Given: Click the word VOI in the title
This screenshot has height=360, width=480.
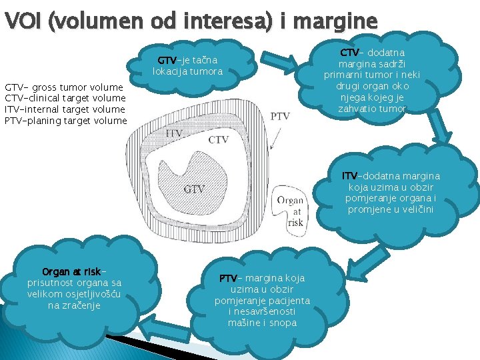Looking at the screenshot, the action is coord(23,21).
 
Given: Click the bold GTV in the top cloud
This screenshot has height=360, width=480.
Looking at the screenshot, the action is coord(167,60).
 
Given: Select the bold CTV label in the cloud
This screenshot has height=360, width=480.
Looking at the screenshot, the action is coord(349,53).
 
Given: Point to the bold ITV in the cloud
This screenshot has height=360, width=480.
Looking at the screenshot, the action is coord(349,176).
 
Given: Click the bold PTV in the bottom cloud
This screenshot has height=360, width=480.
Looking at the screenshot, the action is coord(229,278).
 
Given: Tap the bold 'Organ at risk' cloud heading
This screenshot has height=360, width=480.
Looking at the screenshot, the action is coord(71,271).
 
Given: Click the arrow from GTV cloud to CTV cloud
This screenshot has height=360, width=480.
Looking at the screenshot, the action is coord(279,63).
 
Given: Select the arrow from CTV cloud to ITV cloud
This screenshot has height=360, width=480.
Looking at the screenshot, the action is coord(440,126).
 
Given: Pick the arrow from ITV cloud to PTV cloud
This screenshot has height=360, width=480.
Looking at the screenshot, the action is coord(368,264).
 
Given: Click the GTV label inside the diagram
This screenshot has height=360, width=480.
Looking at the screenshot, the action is coord(195,189).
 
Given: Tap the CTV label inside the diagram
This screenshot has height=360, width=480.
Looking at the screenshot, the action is coord(219,140).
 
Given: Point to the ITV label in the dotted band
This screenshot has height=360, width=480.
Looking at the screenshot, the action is coord(174,133).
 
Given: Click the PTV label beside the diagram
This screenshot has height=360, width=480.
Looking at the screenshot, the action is coord(280,116).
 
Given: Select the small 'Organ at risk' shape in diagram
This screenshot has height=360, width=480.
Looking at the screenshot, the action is coord(290,211).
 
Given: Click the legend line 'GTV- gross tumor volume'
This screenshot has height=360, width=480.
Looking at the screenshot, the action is coord(64,87).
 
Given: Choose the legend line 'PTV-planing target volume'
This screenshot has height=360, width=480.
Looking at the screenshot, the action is coord(66,121).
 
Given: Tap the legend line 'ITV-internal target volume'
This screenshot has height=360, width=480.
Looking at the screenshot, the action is coord(65,109).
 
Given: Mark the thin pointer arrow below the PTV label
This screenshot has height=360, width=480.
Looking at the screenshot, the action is coord(275,139).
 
